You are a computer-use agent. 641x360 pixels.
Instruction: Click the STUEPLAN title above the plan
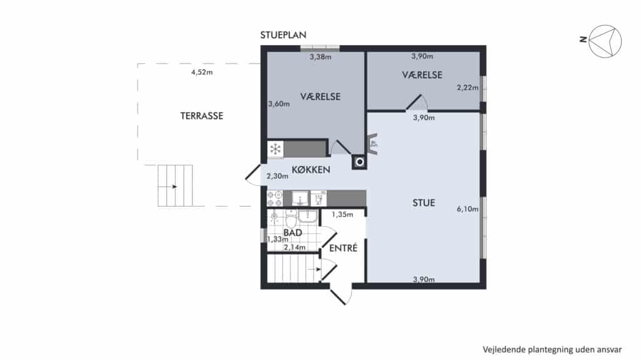click(284, 35)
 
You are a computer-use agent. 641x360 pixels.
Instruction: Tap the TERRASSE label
click(202, 116)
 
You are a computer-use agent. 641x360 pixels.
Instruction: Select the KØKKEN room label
click(311, 170)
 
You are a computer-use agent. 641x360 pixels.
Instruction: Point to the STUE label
click(424, 203)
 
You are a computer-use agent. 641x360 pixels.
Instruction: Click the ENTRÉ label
click(344, 248)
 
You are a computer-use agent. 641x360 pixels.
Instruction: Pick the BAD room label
click(293, 233)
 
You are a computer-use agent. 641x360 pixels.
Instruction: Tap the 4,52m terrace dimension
click(202, 73)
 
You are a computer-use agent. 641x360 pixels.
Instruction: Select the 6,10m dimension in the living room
click(467, 209)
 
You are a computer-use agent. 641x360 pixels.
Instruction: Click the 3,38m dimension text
click(320, 57)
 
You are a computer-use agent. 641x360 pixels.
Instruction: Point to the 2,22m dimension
click(468, 88)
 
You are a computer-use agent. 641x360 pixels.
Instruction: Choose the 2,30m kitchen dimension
click(277, 177)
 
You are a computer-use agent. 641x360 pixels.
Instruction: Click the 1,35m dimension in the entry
click(342, 214)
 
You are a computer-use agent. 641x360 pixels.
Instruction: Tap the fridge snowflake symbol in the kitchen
click(275, 149)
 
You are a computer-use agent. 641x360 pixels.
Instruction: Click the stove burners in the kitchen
click(275, 198)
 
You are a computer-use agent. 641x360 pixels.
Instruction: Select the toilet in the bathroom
click(291, 219)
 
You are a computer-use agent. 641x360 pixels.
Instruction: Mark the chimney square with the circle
click(359, 162)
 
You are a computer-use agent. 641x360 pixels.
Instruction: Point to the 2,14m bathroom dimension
click(294, 247)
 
